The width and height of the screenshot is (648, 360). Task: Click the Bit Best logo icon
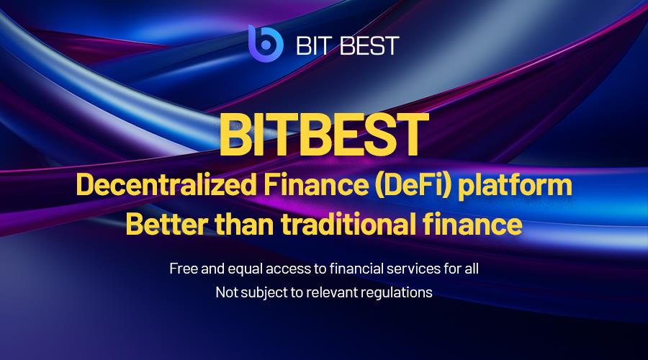(x=263, y=44)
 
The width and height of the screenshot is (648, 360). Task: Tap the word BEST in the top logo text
(x=371, y=45)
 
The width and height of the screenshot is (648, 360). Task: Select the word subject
(x=264, y=294)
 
